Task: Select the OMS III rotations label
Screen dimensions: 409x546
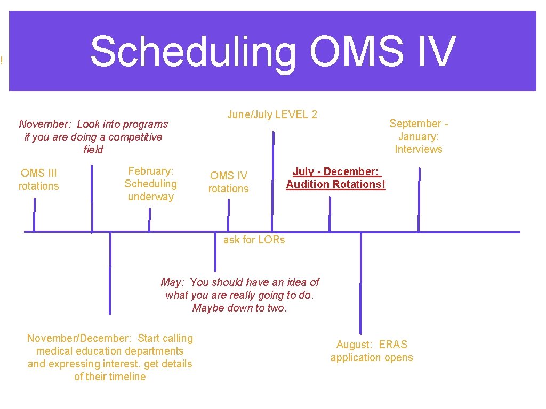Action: [38, 179]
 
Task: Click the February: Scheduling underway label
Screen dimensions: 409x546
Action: [150, 184]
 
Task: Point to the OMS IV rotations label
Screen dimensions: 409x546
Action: [228, 182]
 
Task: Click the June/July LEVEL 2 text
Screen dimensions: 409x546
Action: [272, 114]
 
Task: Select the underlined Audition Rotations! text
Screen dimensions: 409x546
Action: [335, 184]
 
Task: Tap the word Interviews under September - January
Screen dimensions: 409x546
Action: [419, 149]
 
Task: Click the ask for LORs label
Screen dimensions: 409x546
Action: [254, 240]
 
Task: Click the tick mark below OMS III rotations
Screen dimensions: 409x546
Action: [35, 215]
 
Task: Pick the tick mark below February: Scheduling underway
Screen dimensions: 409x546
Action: [149, 220]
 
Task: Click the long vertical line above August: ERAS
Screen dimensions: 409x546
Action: [361, 282]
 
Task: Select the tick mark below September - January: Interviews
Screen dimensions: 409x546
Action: [419, 200]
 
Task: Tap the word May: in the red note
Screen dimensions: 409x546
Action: [174, 282]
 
